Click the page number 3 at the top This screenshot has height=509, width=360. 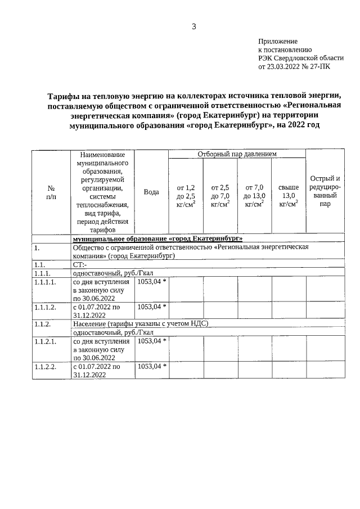pos(194,26)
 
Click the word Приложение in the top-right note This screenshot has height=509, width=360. pos(277,42)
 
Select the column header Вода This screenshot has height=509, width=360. pos(151,192)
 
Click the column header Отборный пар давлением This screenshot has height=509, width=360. pos(236,154)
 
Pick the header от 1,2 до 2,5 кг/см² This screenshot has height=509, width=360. pos(186,196)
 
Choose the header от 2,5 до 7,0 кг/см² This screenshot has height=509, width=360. pos(220,196)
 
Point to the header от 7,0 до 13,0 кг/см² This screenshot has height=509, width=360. pos(254,196)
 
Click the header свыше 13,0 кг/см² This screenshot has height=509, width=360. pos(288,196)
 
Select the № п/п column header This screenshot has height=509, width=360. pos(51,192)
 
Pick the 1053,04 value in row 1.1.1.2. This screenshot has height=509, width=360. pos(150,307)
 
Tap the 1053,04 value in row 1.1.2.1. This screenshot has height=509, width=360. pos(150,341)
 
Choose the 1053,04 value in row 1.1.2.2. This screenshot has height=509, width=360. pos(150,366)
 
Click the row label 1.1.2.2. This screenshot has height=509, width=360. pos(44,366)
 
